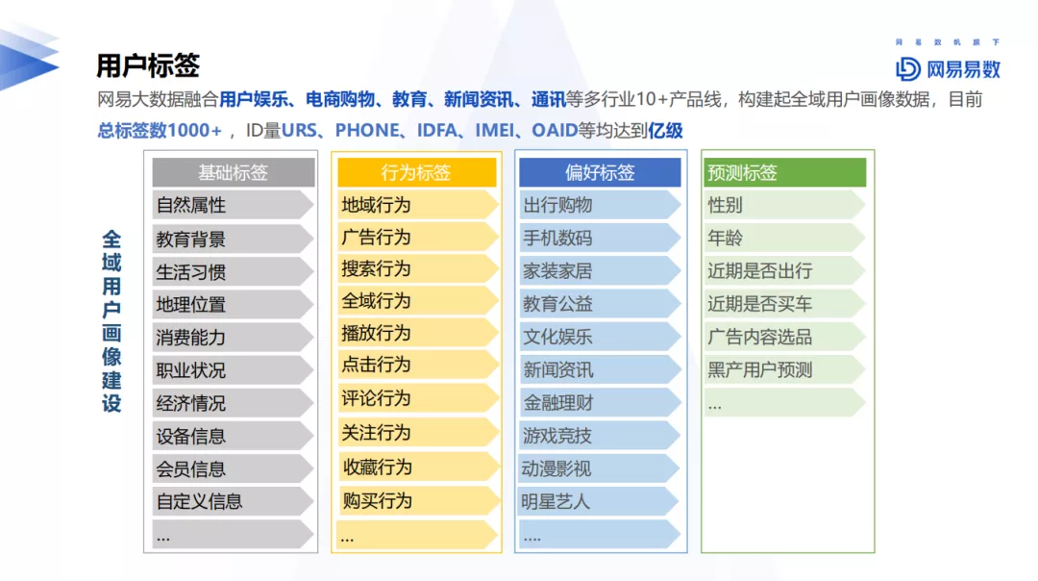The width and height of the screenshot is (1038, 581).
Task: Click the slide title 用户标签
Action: click(x=148, y=65)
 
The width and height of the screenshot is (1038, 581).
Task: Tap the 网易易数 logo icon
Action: click(x=907, y=69)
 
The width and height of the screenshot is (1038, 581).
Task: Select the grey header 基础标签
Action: click(x=233, y=173)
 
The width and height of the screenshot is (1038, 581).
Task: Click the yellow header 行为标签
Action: click(x=416, y=173)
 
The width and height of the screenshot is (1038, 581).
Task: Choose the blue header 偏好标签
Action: click(x=600, y=173)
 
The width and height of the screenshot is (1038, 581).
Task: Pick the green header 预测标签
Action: click(x=784, y=173)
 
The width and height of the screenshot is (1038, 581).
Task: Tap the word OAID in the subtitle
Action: click(x=555, y=130)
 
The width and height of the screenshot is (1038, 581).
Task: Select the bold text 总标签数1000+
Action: click(x=160, y=130)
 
